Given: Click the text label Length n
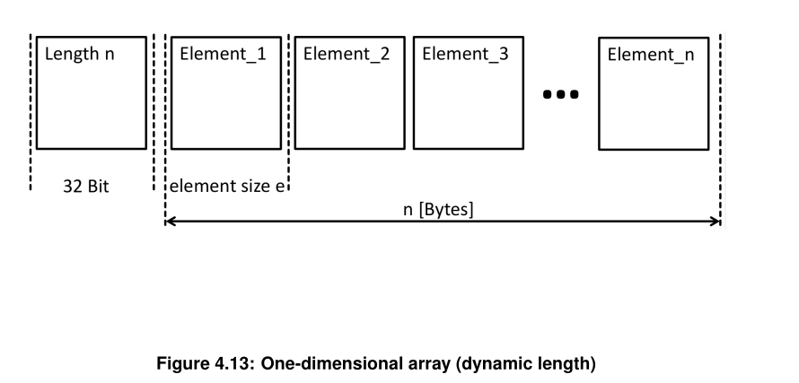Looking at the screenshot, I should (80, 54).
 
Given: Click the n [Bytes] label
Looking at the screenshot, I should (438, 209).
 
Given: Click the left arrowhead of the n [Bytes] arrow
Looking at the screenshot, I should (170, 222).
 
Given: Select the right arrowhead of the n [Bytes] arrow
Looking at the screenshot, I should (716, 222).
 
